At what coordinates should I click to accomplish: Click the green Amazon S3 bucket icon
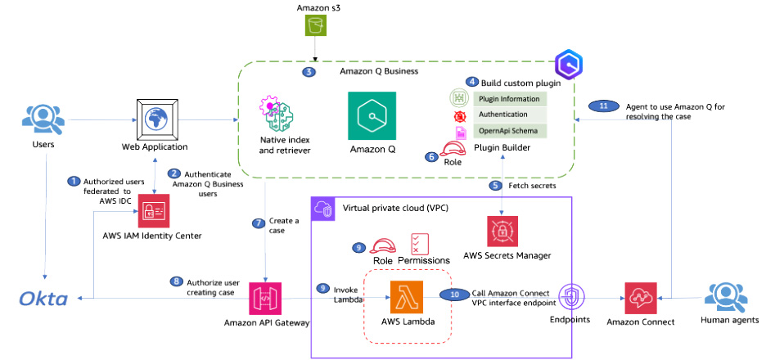pos(315,26)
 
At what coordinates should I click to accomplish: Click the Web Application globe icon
pos(154,119)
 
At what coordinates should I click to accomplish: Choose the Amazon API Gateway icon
pos(266,299)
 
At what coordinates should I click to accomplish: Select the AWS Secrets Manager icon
pos(504,232)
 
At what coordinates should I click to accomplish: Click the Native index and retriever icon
pos(273,115)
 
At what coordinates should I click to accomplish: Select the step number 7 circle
pos(259,223)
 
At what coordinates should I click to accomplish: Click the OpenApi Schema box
pos(507,131)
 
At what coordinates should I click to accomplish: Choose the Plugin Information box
pos(507,99)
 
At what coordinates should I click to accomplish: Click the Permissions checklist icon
pos(419,244)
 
